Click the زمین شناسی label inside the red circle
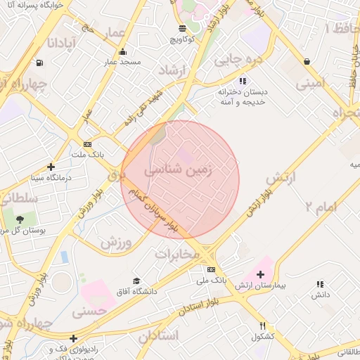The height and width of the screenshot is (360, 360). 179,170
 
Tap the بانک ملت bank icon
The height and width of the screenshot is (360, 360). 87,143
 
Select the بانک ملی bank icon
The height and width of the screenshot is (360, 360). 211,269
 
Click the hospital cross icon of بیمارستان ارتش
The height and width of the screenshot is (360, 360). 261,274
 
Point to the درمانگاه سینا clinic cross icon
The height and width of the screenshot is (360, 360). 51,167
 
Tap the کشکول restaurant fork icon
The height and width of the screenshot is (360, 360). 263,326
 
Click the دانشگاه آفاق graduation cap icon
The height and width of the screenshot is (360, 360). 136,280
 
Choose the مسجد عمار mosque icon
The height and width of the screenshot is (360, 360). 123,51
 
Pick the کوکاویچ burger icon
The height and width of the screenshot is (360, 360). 183,28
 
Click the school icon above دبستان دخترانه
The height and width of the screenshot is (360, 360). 243,81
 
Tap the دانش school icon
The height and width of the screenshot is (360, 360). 321,284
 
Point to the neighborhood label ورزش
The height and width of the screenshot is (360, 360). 116,243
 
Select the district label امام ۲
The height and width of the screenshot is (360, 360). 321,206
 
